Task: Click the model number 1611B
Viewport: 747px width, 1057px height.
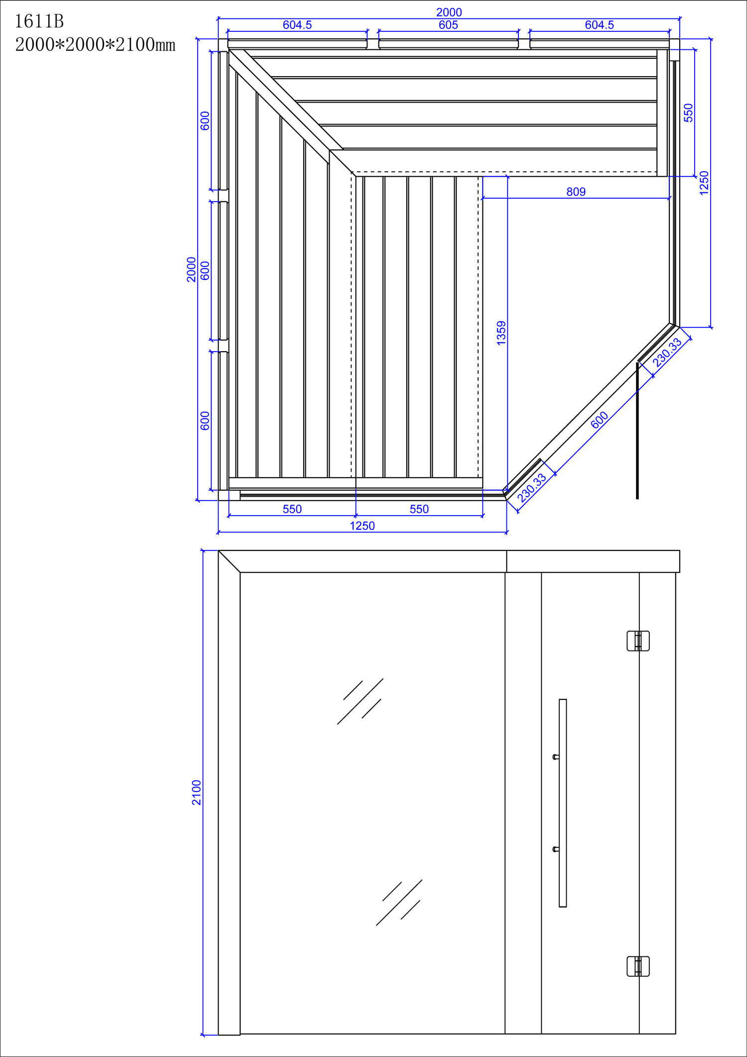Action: (x=39, y=21)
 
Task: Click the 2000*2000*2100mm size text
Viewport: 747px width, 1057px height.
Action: (x=95, y=45)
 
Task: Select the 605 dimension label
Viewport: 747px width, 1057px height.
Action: (x=448, y=25)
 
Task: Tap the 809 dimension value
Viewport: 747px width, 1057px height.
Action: (x=576, y=192)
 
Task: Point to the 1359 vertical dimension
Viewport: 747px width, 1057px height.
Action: (x=501, y=333)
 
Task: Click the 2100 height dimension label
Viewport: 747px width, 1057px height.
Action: (x=197, y=793)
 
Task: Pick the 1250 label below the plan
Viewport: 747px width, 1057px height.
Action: (x=362, y=526)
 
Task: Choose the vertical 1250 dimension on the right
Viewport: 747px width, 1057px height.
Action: (x=704, y=183)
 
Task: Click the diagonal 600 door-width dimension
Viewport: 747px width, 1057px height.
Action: (x=600, y=420)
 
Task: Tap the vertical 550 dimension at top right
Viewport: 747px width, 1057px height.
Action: (x=688, y=113)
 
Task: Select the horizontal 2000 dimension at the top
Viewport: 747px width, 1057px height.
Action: (x=449, y=12)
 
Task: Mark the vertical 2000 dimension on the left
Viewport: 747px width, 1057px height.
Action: (x=191, y=269)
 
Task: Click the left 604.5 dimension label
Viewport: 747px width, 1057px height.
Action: (x=297, y=25)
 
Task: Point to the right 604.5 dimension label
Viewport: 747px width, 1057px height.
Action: (x=599, y=25)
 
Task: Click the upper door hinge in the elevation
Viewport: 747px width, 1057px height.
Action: (x=638, y=641)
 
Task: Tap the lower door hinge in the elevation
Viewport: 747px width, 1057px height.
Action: (x=638, y=966)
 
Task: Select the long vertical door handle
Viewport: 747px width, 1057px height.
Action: (x=563, y=802)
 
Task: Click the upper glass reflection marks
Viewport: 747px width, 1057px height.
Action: (x=361, y=701)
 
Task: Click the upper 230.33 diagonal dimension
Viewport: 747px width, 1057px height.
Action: (x=667, y=353)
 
